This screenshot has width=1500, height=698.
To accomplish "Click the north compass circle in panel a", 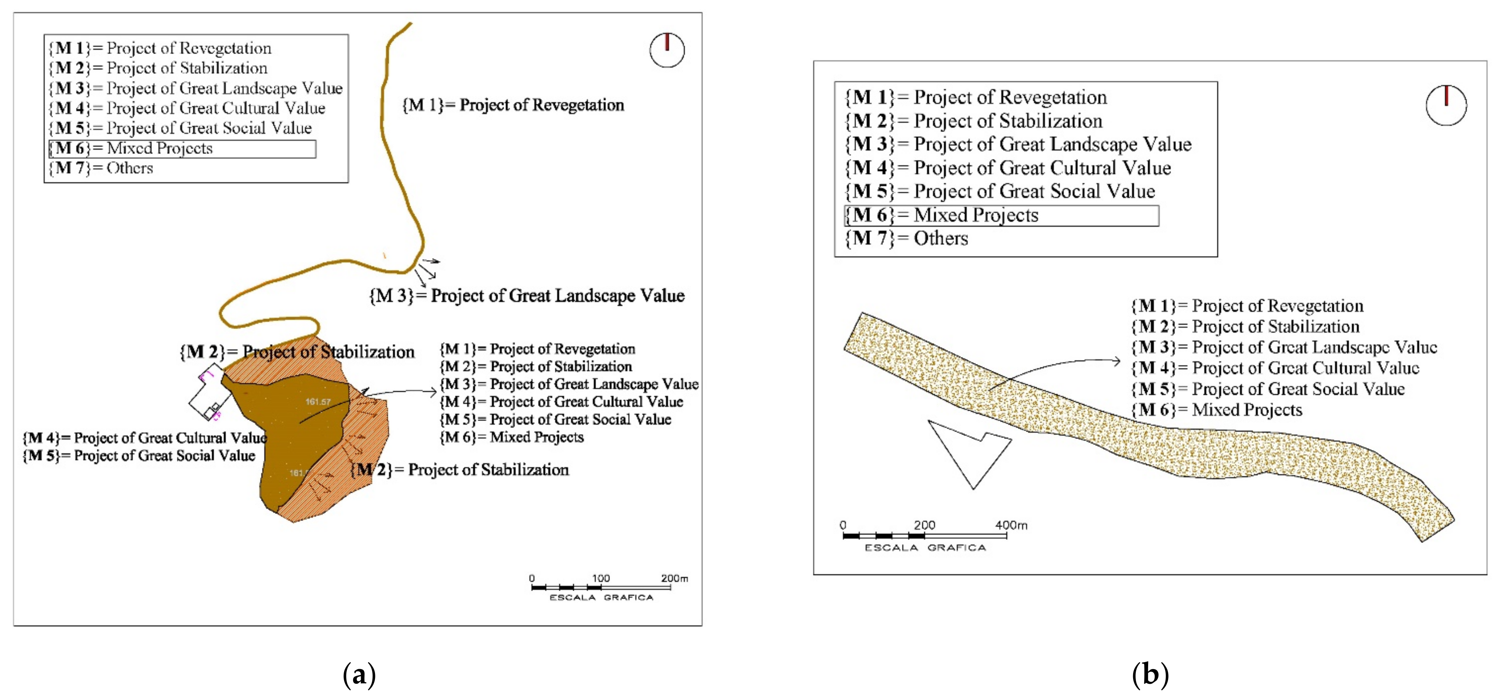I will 667,50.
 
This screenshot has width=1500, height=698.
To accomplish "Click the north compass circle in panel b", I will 1446,105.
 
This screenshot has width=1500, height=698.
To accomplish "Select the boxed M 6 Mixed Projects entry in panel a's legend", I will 182,149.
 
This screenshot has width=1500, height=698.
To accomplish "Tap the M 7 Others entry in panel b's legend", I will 907,239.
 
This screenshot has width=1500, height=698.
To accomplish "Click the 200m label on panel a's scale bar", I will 674,578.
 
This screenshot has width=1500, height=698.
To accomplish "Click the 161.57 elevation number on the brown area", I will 318,402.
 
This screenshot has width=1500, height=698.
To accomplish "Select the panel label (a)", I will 359,674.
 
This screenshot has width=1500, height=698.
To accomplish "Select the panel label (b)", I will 1150,674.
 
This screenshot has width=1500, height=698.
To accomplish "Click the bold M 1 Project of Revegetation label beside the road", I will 513,105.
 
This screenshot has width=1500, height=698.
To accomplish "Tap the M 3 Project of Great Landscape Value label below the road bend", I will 527,296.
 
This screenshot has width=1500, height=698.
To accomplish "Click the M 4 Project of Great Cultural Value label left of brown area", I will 144,438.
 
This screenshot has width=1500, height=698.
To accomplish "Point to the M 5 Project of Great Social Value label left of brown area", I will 139,455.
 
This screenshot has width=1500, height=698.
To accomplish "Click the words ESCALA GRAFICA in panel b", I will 925,548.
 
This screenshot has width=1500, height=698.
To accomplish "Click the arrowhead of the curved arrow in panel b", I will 1117,361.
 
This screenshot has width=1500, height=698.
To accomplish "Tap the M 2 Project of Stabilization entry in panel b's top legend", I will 974,121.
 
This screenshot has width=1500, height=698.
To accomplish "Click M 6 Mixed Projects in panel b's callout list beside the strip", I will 1216,410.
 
